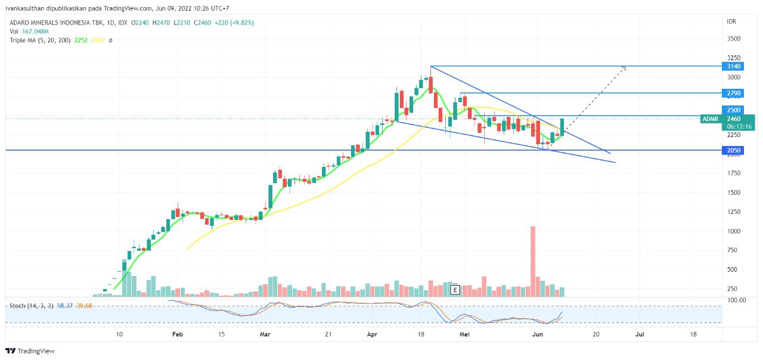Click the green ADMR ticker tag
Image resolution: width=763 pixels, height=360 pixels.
coord(711,119)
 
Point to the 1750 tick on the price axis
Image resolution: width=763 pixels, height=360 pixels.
coord(733,173)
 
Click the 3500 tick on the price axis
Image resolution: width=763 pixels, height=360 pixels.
coord(733,39)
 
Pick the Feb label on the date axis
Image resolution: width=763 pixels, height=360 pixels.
coord(177,334)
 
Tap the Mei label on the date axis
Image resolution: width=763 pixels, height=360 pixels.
coord(465,334)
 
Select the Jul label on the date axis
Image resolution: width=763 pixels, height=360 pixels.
coord(640,334)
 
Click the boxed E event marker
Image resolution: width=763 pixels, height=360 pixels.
coord(455,290)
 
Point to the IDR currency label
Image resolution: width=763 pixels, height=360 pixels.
coord(731,21)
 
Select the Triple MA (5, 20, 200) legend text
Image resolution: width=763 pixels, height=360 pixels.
coord(40,40)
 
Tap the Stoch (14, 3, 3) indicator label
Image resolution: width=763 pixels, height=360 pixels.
coord(31,306)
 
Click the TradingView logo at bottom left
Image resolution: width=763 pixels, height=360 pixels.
coord(30,351)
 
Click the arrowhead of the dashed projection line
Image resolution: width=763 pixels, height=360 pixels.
coord(625,67)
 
